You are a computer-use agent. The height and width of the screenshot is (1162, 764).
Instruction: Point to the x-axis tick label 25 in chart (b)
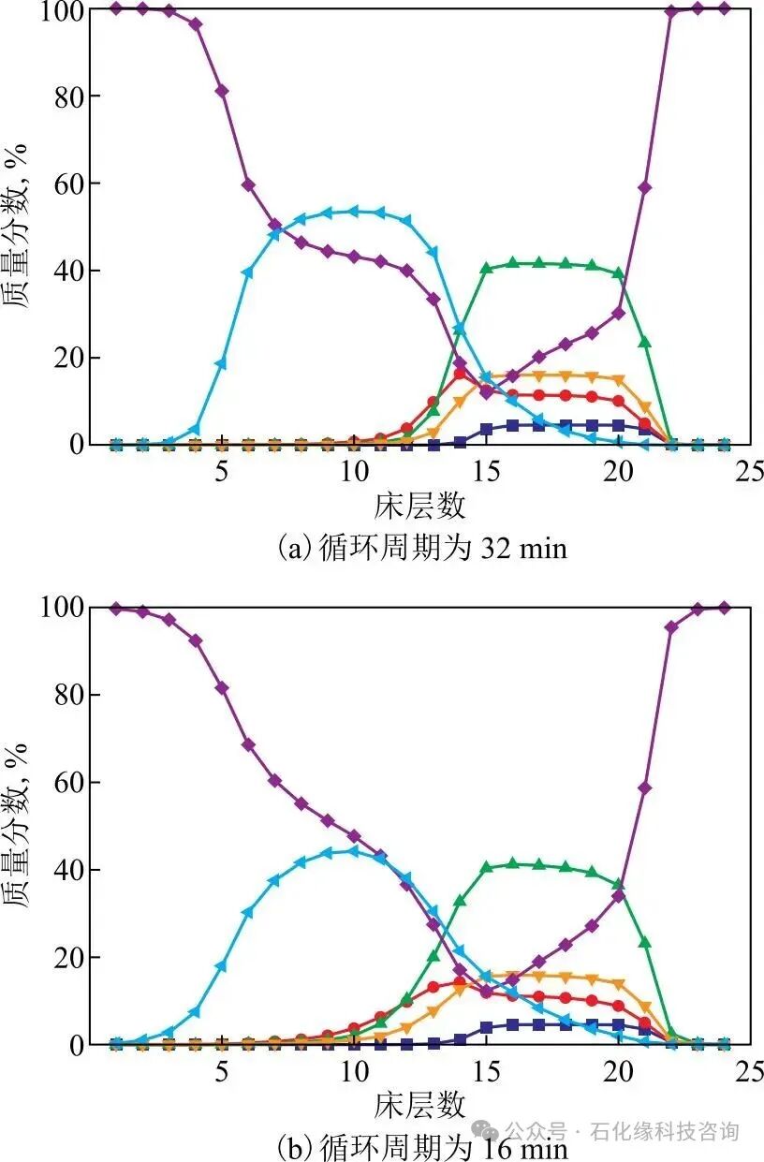point(750,1069)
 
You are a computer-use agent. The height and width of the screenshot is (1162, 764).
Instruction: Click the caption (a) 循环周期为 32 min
point(422,547)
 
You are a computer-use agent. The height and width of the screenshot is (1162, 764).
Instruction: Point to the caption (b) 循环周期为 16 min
point(422,1146)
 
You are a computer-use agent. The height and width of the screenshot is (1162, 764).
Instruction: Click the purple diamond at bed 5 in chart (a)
point(222,91)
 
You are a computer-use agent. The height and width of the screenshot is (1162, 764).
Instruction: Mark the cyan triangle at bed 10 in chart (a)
point(354,211)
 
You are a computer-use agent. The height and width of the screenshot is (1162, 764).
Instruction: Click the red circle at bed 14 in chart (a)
point(460,374)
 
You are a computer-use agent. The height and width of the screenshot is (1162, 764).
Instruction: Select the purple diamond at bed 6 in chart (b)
point(248,745)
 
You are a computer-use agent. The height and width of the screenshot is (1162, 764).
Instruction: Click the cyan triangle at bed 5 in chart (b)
point(222,966)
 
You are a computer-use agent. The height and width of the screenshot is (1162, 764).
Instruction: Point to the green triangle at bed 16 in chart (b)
point(512,864)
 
